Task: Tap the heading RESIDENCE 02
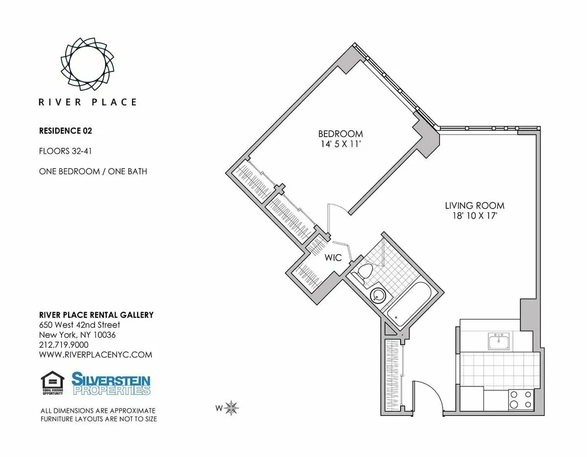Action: (x=66, y=131)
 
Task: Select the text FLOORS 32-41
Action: (x=66, y=151)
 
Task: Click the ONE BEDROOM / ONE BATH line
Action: (x=93, y=171)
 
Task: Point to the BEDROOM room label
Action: (x=340, y=134)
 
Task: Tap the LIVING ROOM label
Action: (x=474, y=206)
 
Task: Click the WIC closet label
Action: (x=333, y=257)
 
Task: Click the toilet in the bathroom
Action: (x=363, y=273)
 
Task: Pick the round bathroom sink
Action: (x=378, y=295)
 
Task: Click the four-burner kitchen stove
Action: (x=520, y=399)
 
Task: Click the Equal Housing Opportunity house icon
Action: (x=49, y=383)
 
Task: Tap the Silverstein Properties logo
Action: (x=111, y=383)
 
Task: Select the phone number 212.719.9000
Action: (x=66, y=345)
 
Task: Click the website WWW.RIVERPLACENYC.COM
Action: (x=95, y=355)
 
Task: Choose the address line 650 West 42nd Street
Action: (x=79, y=325)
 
